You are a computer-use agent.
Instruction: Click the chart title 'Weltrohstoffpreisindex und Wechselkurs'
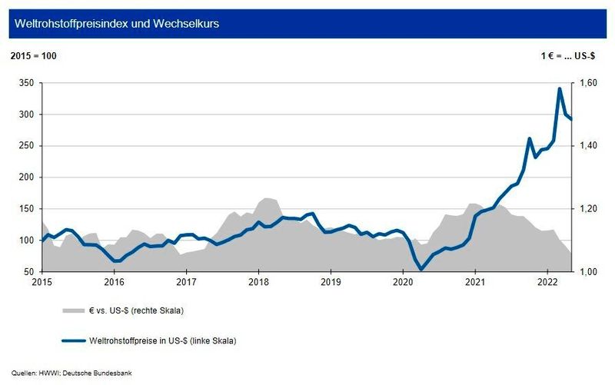point(115,24)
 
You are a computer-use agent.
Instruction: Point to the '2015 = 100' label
point(33,56)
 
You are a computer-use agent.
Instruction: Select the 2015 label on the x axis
point(42,283)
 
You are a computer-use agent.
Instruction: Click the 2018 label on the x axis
point(258,283)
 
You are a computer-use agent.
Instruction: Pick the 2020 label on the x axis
point(403,283)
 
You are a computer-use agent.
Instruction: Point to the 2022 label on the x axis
point(547,283)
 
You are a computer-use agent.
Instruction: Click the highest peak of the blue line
point(559,89)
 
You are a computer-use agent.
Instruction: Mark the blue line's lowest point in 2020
point(421,269)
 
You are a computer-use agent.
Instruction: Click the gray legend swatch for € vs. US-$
point(73,310)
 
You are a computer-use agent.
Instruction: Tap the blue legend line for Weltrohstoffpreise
point(73,339)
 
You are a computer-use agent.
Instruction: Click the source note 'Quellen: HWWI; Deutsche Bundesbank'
point(67,373)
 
